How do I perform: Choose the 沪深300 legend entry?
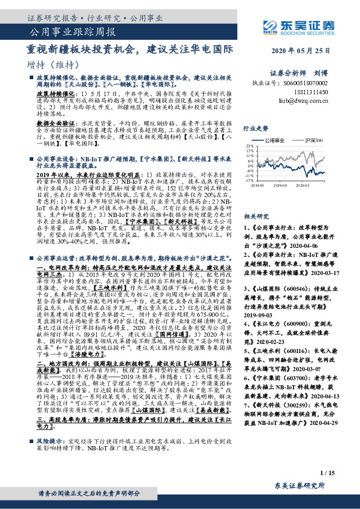coord(313,139)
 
